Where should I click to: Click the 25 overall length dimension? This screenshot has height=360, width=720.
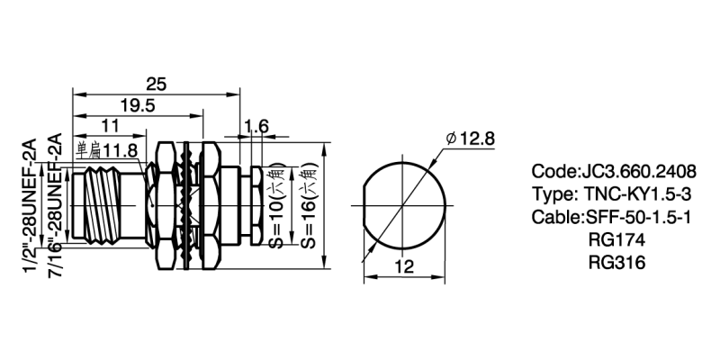[156, 84]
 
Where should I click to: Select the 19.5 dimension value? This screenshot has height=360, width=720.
[138, 105]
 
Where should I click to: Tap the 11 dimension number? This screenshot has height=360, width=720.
[110, 125]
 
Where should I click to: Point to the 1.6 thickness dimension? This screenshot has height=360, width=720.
[256, 126]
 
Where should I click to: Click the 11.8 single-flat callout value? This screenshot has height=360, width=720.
[121, 149]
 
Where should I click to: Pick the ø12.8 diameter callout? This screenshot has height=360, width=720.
[471, 138]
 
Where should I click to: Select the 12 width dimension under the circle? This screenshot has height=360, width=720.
[404, 266]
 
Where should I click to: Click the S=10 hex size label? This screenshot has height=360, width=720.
[277, 206]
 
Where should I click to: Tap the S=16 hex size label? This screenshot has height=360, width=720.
[309, 206]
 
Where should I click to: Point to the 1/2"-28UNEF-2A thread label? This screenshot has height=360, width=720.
[30, 205]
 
